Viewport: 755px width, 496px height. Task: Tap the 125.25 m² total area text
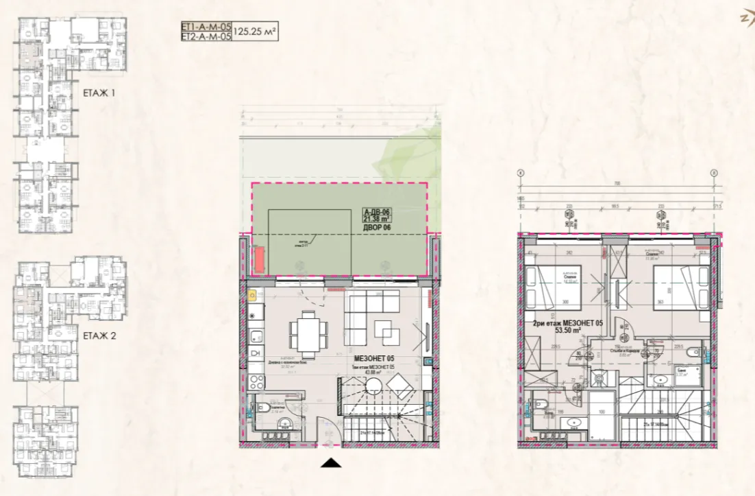(255, 31)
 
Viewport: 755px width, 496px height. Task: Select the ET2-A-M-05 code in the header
(206, 36)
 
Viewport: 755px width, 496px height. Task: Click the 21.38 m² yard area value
(376, 220)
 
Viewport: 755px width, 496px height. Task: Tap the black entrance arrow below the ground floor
(331, 463)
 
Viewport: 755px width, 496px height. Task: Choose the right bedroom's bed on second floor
(679, 288)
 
